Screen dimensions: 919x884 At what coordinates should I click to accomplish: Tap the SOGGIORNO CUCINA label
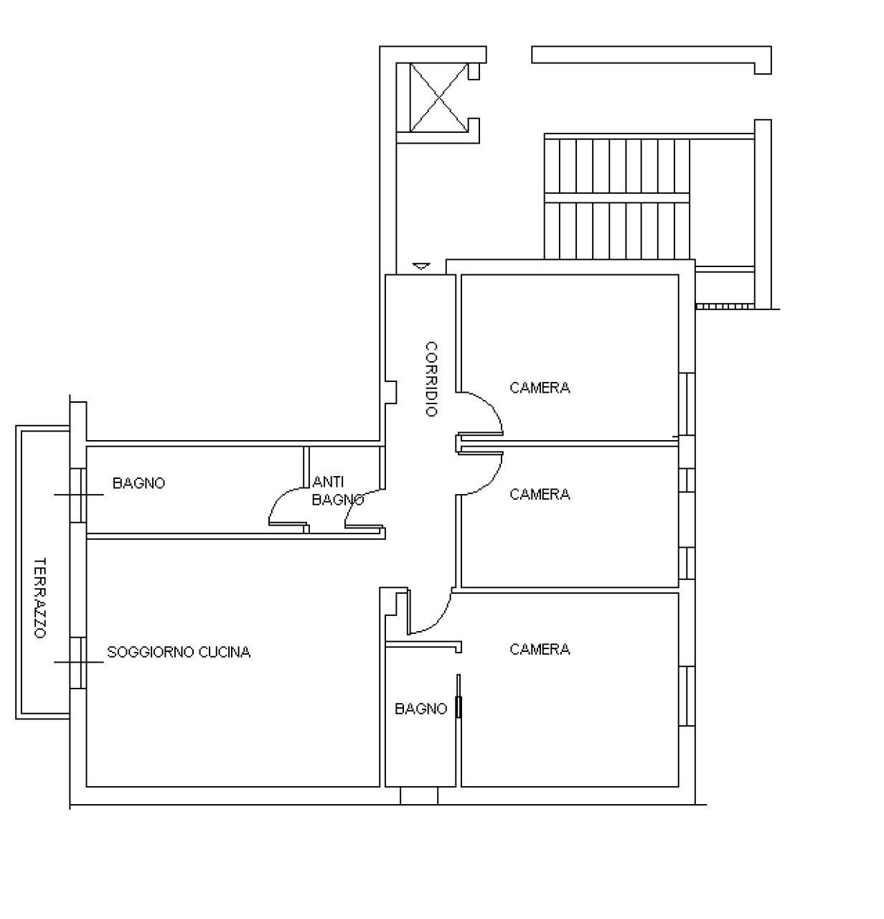tap(179, 652)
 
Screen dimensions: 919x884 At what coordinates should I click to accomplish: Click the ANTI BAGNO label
tap(337, 491)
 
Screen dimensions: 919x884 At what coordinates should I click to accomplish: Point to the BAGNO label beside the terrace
tap(138, 483)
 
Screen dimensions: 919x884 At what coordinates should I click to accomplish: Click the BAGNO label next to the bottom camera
tap(420, 709)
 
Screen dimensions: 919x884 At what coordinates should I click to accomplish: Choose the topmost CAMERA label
tap(540, 388)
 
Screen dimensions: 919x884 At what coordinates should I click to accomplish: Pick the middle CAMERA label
tap(540, 494)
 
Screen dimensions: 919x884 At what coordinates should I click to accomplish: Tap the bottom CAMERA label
tap(540, 649)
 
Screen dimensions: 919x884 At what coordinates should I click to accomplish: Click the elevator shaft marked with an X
tap(438, 97)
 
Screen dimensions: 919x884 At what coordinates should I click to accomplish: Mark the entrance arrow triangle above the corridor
tap(421, 266)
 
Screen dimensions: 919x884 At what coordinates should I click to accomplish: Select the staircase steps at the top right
tap(617, 197)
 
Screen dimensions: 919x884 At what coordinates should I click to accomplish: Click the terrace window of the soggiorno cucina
tap(77, 662)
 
